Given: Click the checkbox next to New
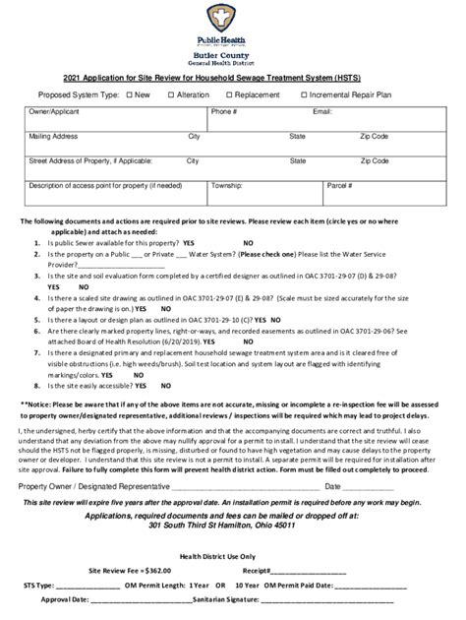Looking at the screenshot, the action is point(128,94).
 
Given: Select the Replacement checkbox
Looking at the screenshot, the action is point(230,94).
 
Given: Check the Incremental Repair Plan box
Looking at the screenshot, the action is point(305,94).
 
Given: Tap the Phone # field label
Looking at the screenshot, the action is point(224,112).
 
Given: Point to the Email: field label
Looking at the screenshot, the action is point(322,112).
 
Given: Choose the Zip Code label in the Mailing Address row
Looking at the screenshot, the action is point(374,136).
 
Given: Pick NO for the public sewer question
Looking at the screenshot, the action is point(248,241).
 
